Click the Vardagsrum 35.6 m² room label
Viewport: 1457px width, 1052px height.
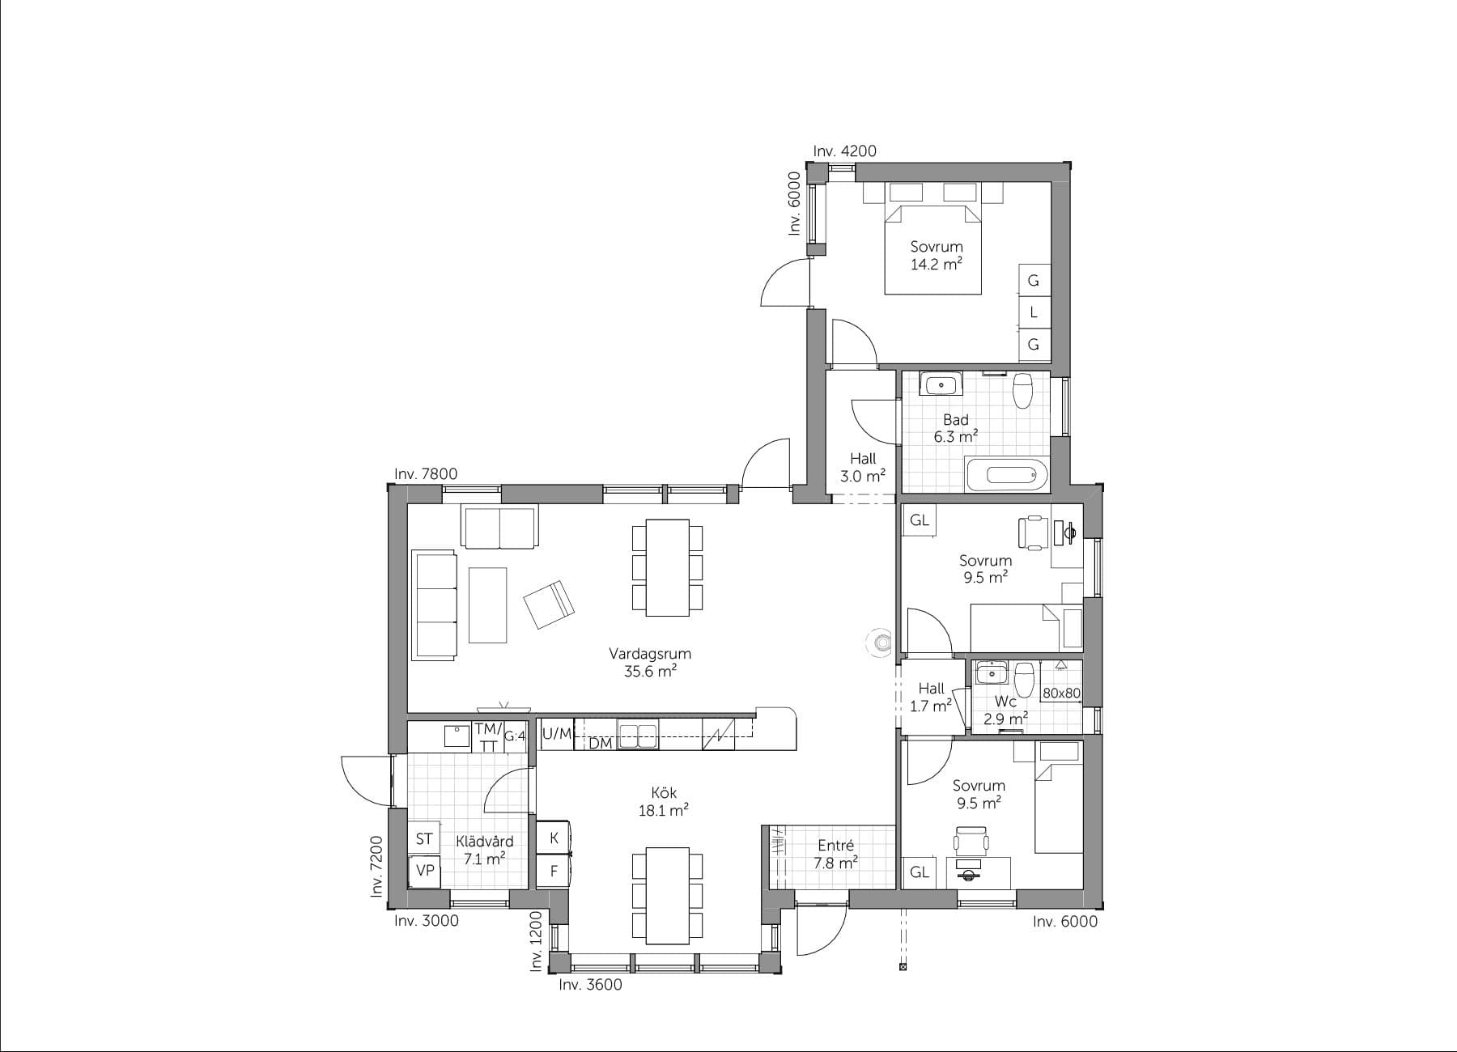click(650, 662)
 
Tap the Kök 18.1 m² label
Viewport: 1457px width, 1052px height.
click(663, 801)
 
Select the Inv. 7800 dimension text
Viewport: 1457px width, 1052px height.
click(426, 474)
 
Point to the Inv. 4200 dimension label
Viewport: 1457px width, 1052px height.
click(844, 151)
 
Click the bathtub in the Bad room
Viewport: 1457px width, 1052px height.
click(1006, 475)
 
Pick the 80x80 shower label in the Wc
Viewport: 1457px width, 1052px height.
click(1061, 694)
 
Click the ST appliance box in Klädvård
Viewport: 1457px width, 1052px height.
click(424, 839)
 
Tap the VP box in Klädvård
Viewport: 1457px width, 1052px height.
click(425, 871)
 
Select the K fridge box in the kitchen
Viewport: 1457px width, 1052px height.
click(554, 838)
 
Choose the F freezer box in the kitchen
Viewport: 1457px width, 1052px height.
click(554, 872)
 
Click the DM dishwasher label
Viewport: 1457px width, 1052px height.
click(600, 743)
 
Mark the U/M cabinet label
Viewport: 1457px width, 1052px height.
click(556, 734)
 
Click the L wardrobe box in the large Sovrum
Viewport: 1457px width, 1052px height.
click(1033, 312)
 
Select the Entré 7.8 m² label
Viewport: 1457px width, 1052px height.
click(835, 854)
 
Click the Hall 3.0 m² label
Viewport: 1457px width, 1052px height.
click(862, 468)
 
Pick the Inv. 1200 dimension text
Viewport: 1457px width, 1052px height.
click(536, 941)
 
